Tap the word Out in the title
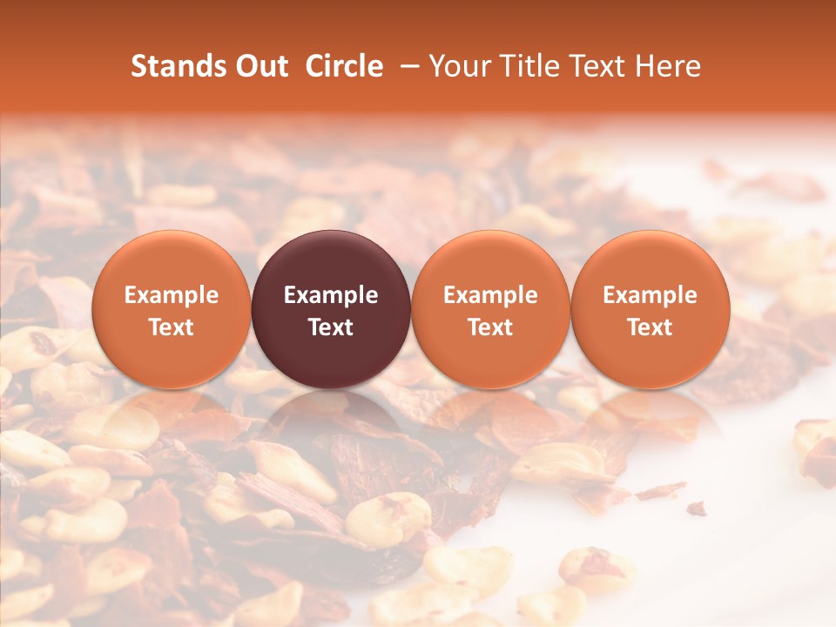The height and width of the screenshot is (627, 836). coord(259,66)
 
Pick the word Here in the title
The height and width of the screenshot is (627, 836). coord(668,66)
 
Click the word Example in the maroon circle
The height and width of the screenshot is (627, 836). coord(331,296)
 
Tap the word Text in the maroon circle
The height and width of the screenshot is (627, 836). coord(331,327)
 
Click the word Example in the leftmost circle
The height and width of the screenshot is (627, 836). coord(171,296)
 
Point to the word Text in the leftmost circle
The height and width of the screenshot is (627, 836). coord(171,327)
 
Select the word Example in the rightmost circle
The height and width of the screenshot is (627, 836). coord(651,296)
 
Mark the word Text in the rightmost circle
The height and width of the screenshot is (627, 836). coord(651,327)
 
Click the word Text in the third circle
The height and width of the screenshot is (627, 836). coord(490,327)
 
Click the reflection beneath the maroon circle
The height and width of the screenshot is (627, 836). coord(331,418)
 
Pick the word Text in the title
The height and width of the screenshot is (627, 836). coord(604,66)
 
